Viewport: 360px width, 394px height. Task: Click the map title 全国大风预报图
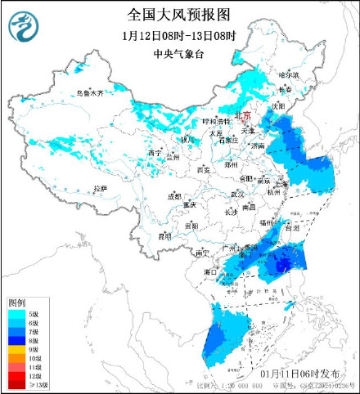[x=179, y=14]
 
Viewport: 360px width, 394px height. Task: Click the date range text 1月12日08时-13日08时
[x=179, y=36]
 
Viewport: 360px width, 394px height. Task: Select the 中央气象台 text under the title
[x=179, y=55]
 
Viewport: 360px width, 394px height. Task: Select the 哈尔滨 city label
[x=289, y=74]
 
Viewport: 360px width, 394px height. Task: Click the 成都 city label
[x=174, y=196]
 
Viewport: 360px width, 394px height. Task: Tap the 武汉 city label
[x=237, y=194]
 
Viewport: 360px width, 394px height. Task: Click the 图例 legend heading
[x=17, y=302]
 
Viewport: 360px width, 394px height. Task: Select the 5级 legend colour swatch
[x=16, y=313]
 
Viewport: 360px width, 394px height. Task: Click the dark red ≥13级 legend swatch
[x=16, y=384]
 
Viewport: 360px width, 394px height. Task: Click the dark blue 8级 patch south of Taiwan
[x=282, y=264]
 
